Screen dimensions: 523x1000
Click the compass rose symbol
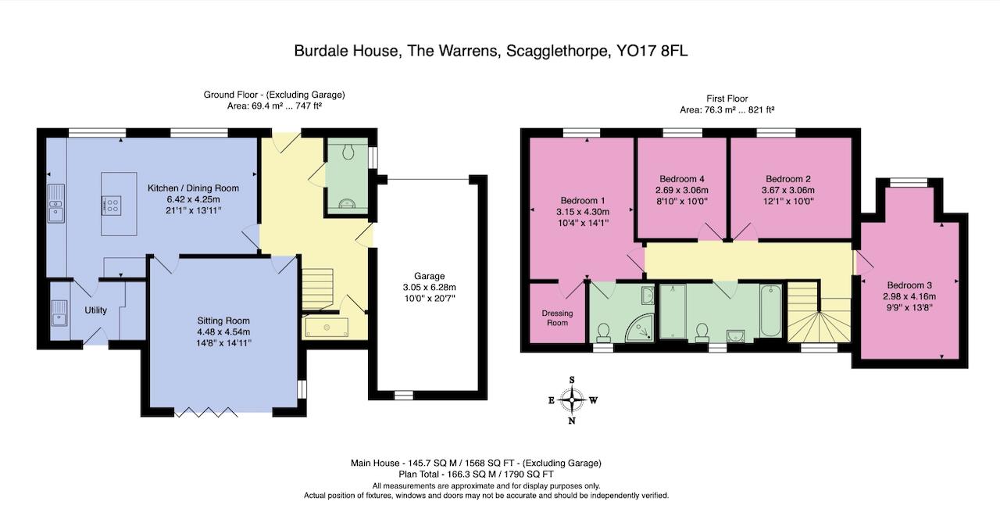(573, 399)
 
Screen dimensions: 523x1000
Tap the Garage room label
(429, 276)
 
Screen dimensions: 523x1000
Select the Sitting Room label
(223, 321)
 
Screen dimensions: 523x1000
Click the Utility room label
(96, 310)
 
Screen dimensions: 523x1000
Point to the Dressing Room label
(557, 318)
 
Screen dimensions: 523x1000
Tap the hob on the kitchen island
(112, 206)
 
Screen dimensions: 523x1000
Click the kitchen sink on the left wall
(55, 203)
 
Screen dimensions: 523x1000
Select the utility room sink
(58, 317)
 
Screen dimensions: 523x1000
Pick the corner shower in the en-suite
(643, 328)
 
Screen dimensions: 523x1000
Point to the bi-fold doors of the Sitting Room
(205, 412)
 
